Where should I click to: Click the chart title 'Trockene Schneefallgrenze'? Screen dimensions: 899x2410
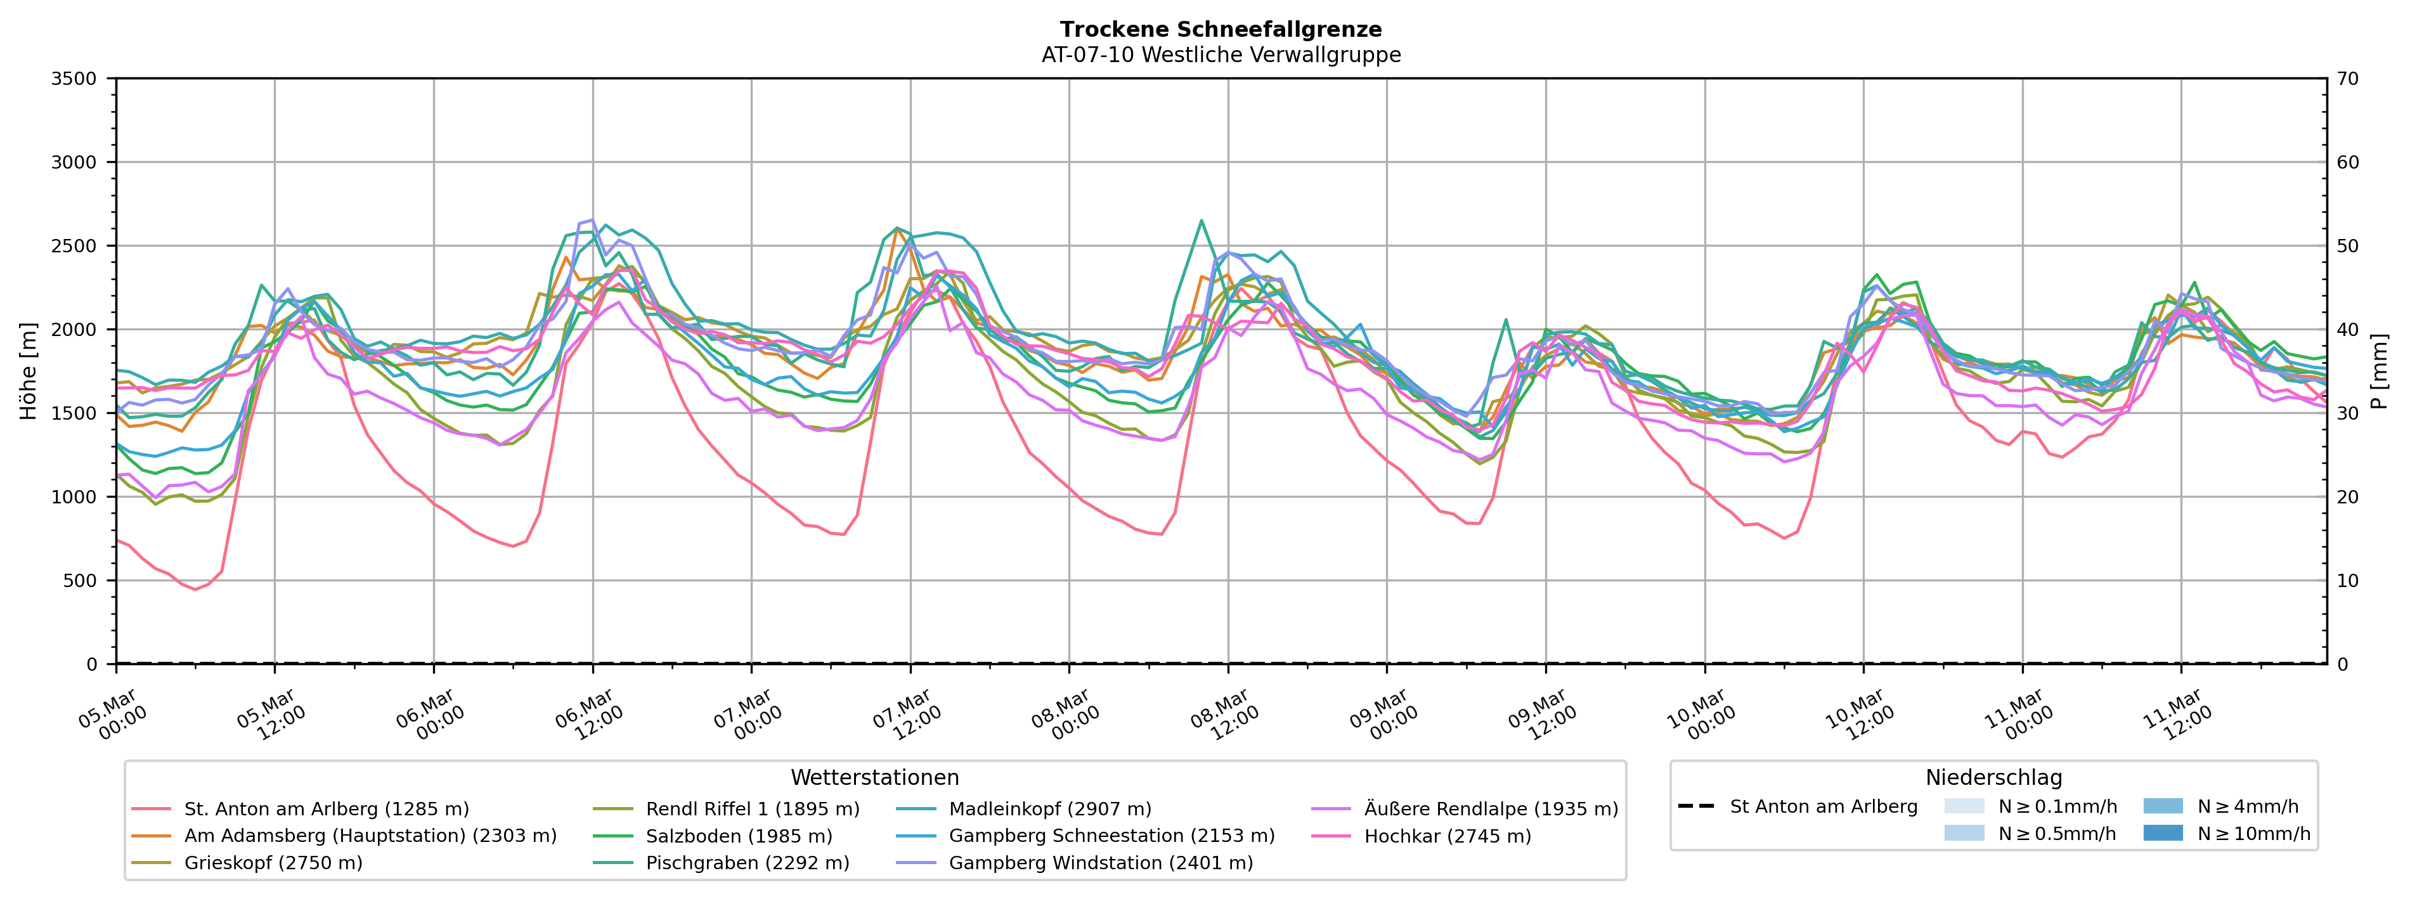coord(1221,30)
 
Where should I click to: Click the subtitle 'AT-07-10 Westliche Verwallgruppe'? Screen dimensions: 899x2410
coord(1221,55)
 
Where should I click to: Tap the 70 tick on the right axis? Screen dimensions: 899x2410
coord(2347,79)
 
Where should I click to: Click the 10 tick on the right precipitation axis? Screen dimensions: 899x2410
coord(2347,581)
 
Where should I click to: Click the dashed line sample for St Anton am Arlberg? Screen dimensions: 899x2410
coord(1696,807)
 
